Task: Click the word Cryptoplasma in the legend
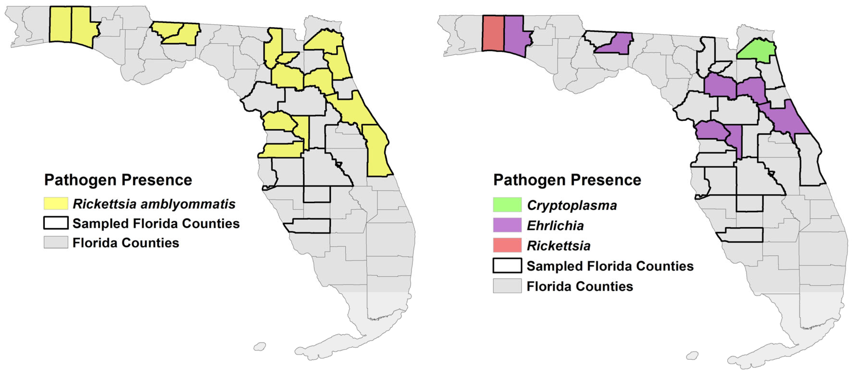point(571,205)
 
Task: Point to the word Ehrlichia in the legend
point(555,225)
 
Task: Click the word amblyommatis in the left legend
point(188,204)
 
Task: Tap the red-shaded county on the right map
point(493,33)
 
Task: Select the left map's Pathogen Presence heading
point(118,180)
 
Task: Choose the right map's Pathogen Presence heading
point(567,180)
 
